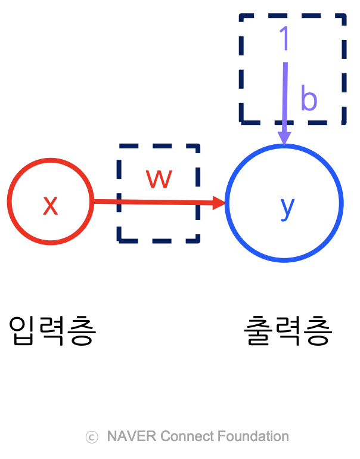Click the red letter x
click(50, 206)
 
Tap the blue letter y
click(287, 207)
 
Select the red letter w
click(159, 178)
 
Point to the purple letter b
click(309, 99)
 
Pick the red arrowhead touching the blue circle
click(219, 203)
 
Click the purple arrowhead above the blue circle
click(284, 138)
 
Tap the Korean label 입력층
click(52, 331)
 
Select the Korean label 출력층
click(288, 331)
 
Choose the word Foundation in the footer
click(252, 436)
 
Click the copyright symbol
click(92, 437)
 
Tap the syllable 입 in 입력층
click(23, 331)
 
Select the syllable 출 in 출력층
click(258, 331)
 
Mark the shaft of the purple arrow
click(285, 95)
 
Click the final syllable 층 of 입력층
click(82, 331)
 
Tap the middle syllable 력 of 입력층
click(52, 331)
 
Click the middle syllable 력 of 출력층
click(288, 331)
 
